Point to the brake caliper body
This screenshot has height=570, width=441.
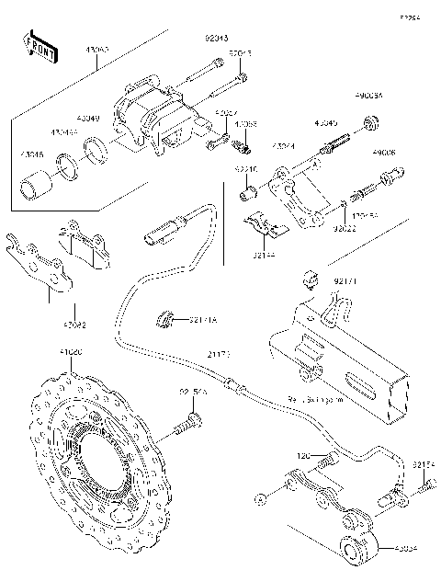(x=147, y=120)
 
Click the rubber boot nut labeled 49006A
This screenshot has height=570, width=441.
(x=374, y=121)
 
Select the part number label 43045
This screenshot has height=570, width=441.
(x=326, y=122)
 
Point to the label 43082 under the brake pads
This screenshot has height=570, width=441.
(x=74, y=325)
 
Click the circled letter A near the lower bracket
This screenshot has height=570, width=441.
(x=263, y=497)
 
